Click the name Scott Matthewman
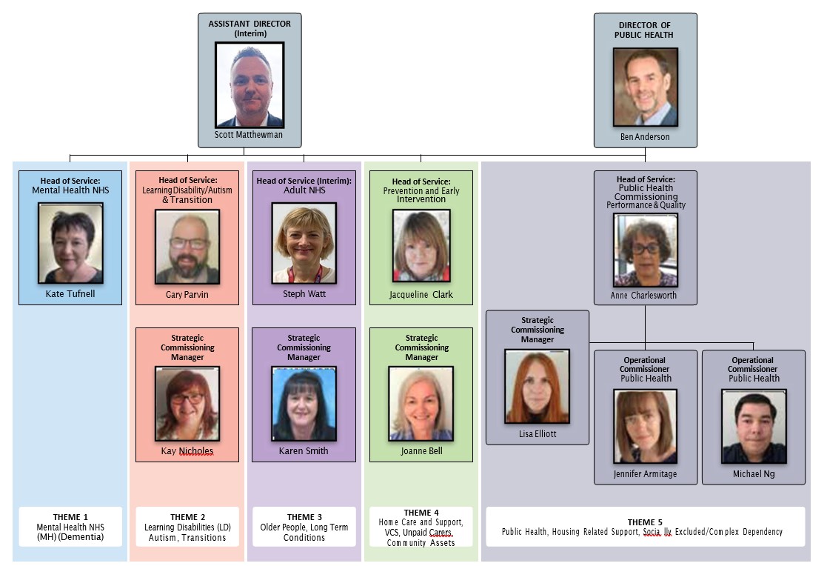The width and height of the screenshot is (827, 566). pos(249,135)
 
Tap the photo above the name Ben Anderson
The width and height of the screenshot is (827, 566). pos(645,87)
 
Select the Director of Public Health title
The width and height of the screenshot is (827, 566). pos(645,30)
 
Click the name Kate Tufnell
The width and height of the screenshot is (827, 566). pos(70,294)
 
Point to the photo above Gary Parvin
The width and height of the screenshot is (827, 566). pos(187,247)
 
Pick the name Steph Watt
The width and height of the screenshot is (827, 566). pos(304,294)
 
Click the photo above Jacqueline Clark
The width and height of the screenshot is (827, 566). pos(421,246)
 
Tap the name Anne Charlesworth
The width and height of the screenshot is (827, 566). pos(644,295)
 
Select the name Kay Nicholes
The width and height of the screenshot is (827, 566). pos(187,450)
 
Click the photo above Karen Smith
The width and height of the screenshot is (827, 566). pos(304,404)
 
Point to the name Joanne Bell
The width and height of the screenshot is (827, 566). pos(421,450)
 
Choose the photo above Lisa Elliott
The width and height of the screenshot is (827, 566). pos(537,386)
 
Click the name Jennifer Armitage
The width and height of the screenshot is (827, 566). pos(645,474)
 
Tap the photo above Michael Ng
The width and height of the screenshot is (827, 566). pos(754,426)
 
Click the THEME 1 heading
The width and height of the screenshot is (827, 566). pos(70,517)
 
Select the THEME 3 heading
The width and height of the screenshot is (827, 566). pos(304,517)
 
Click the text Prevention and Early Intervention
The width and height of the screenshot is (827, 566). pos(421,195)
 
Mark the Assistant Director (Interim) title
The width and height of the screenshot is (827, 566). pos(250,28)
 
